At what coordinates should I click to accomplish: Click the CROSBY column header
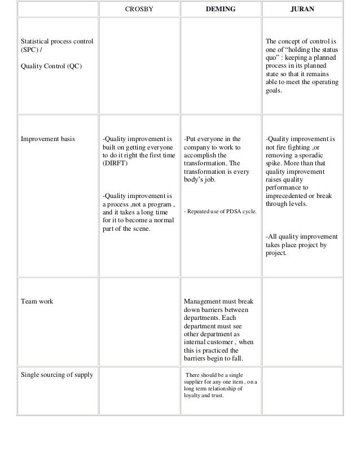tap(138, 10)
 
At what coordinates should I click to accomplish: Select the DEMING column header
tap(219, 10)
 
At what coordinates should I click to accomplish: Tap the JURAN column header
tap(302, 10)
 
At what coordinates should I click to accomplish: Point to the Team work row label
tap(37, 301)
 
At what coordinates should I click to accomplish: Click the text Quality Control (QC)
tap(50, 66)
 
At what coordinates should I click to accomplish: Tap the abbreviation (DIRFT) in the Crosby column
tap(115, 163)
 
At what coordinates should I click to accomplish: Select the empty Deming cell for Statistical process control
tap(219, 65)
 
